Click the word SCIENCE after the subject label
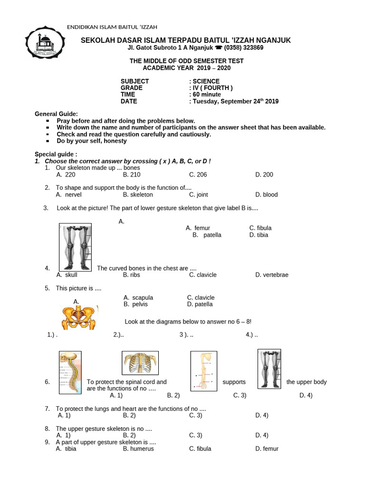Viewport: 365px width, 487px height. [206, 81]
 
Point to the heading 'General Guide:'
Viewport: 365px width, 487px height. [56, 114]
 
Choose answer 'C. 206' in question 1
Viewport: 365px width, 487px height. [198, 175]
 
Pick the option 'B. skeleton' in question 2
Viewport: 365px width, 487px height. [137, 195]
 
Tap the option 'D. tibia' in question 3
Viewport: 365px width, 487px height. [259, 235]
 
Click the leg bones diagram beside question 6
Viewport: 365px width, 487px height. [269, 369]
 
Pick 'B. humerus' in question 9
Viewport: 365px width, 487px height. [138, 448]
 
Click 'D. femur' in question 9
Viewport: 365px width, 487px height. [266, 448]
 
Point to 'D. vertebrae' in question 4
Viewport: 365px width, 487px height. [271, 275]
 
